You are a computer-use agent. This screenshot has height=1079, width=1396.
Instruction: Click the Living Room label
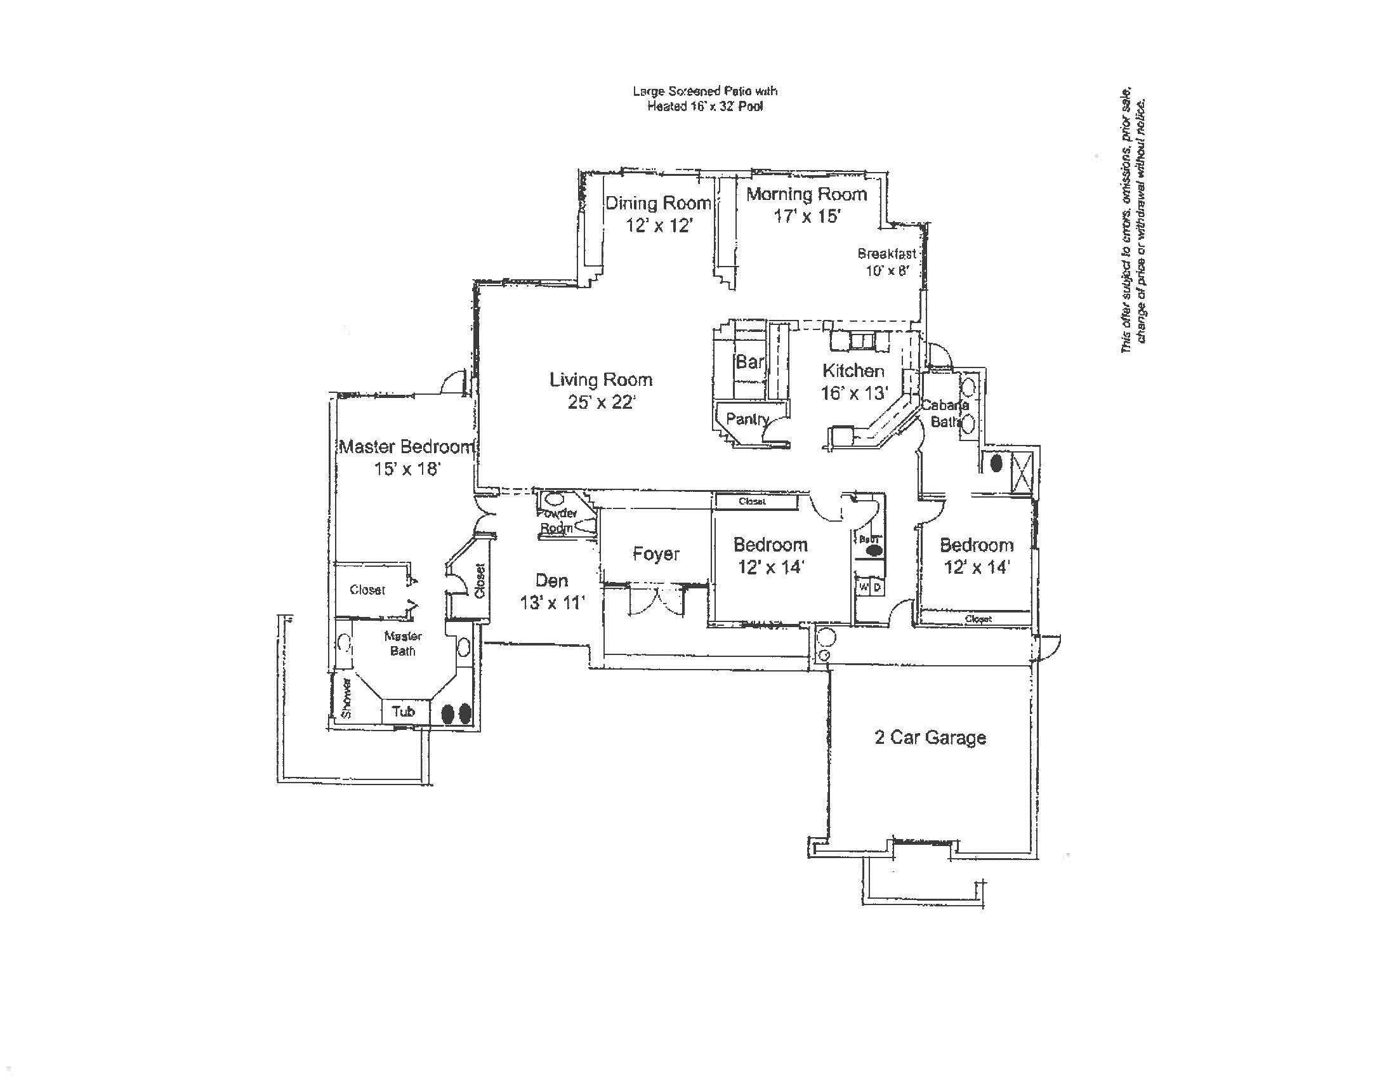[x=601, y=380]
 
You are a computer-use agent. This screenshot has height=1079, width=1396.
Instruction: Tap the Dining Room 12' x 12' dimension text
[x=659, y=225]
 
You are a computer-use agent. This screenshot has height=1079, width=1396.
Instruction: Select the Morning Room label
[x=807, y=194]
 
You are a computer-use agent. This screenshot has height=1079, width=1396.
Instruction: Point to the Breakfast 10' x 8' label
[x=886, y=262]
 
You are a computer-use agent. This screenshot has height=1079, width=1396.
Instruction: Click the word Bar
[x=750, y=362]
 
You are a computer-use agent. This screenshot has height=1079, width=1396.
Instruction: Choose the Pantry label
[x=747, y=420]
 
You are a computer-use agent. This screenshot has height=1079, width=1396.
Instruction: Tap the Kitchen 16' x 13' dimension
[x=855, y=392]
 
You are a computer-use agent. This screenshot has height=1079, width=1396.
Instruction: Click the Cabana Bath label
[x=945, y=413]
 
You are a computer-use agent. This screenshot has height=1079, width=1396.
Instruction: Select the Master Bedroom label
[x=407, y=446]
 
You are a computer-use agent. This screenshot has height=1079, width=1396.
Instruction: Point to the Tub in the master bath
[x=404, y=712]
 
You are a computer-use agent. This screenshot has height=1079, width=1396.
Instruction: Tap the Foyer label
[x=656, y=553]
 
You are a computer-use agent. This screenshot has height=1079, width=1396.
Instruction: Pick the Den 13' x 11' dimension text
[x=551, y=602]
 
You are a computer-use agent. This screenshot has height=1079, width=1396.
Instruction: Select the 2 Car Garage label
[x=930, y=738]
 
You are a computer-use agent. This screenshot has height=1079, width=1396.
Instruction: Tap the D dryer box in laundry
[x=878, y=587]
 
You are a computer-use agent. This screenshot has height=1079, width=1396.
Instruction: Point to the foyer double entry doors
[x=657, y=602]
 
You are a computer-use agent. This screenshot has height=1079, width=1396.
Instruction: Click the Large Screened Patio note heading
[x=705, y=91]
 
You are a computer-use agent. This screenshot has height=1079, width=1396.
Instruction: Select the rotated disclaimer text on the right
[x=1133, y=220]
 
